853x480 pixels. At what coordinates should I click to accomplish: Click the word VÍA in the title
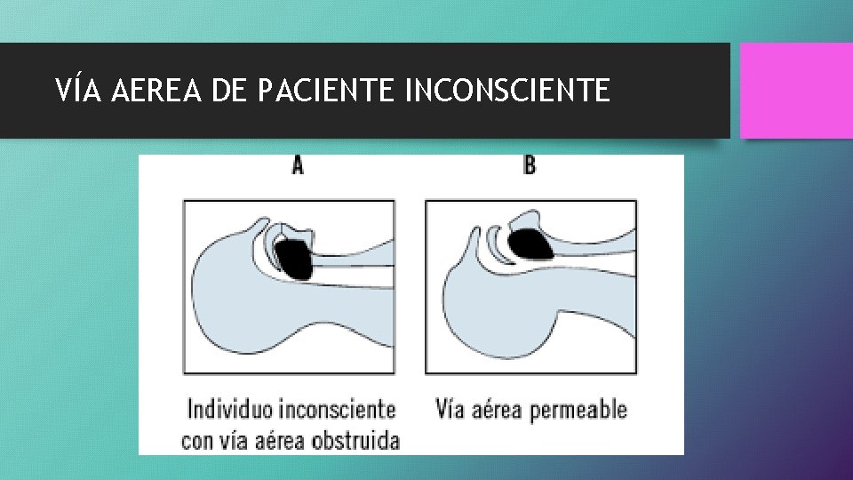79,90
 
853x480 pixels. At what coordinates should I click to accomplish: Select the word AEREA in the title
156,90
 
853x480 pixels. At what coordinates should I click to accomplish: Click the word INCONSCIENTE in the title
507,90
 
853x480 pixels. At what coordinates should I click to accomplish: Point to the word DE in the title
229,90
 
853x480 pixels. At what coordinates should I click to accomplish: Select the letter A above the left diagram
297,166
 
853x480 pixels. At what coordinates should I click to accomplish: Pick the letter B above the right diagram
530,166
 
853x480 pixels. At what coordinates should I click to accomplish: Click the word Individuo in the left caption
230,410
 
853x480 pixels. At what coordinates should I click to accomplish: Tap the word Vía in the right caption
450,410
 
